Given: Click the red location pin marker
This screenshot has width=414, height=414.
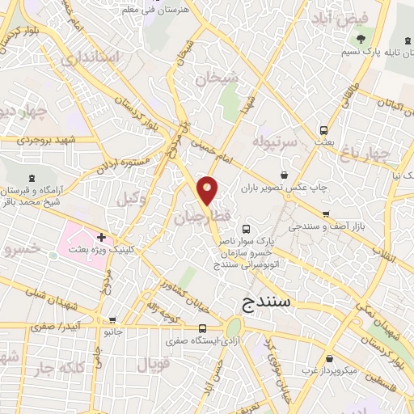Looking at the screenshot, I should coord(208,191).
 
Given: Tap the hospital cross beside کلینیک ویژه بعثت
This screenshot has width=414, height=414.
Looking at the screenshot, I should coord(101,237).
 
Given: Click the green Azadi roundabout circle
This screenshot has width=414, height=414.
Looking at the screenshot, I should coord(234,327).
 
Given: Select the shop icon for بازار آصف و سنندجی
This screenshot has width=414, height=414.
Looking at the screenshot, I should coord(325,213).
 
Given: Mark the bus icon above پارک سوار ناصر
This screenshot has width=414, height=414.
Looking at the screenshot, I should coord(246,229).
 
